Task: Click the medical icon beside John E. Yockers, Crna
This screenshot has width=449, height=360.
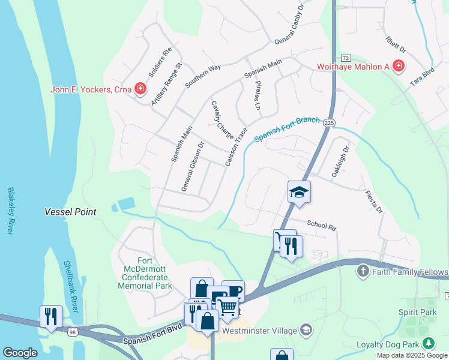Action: pos(140,90)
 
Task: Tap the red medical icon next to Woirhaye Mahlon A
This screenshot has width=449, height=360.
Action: pos(398,66)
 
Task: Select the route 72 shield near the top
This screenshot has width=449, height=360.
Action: pos(345,58)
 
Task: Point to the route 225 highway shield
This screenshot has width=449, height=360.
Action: pos(328,122)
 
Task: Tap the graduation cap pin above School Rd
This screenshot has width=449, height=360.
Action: pos(299,193)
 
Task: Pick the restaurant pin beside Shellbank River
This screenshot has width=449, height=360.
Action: pos(51,316)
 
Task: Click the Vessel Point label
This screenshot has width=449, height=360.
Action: pos(70,212)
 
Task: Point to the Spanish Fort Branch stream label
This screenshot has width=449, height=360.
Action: pos(286,129)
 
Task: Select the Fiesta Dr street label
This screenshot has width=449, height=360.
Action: pos(373,202)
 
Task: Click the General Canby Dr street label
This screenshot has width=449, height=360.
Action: pos(290,32)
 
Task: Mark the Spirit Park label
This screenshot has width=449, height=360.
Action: pos(417,313)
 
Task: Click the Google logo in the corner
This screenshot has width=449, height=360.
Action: pos(20,353)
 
